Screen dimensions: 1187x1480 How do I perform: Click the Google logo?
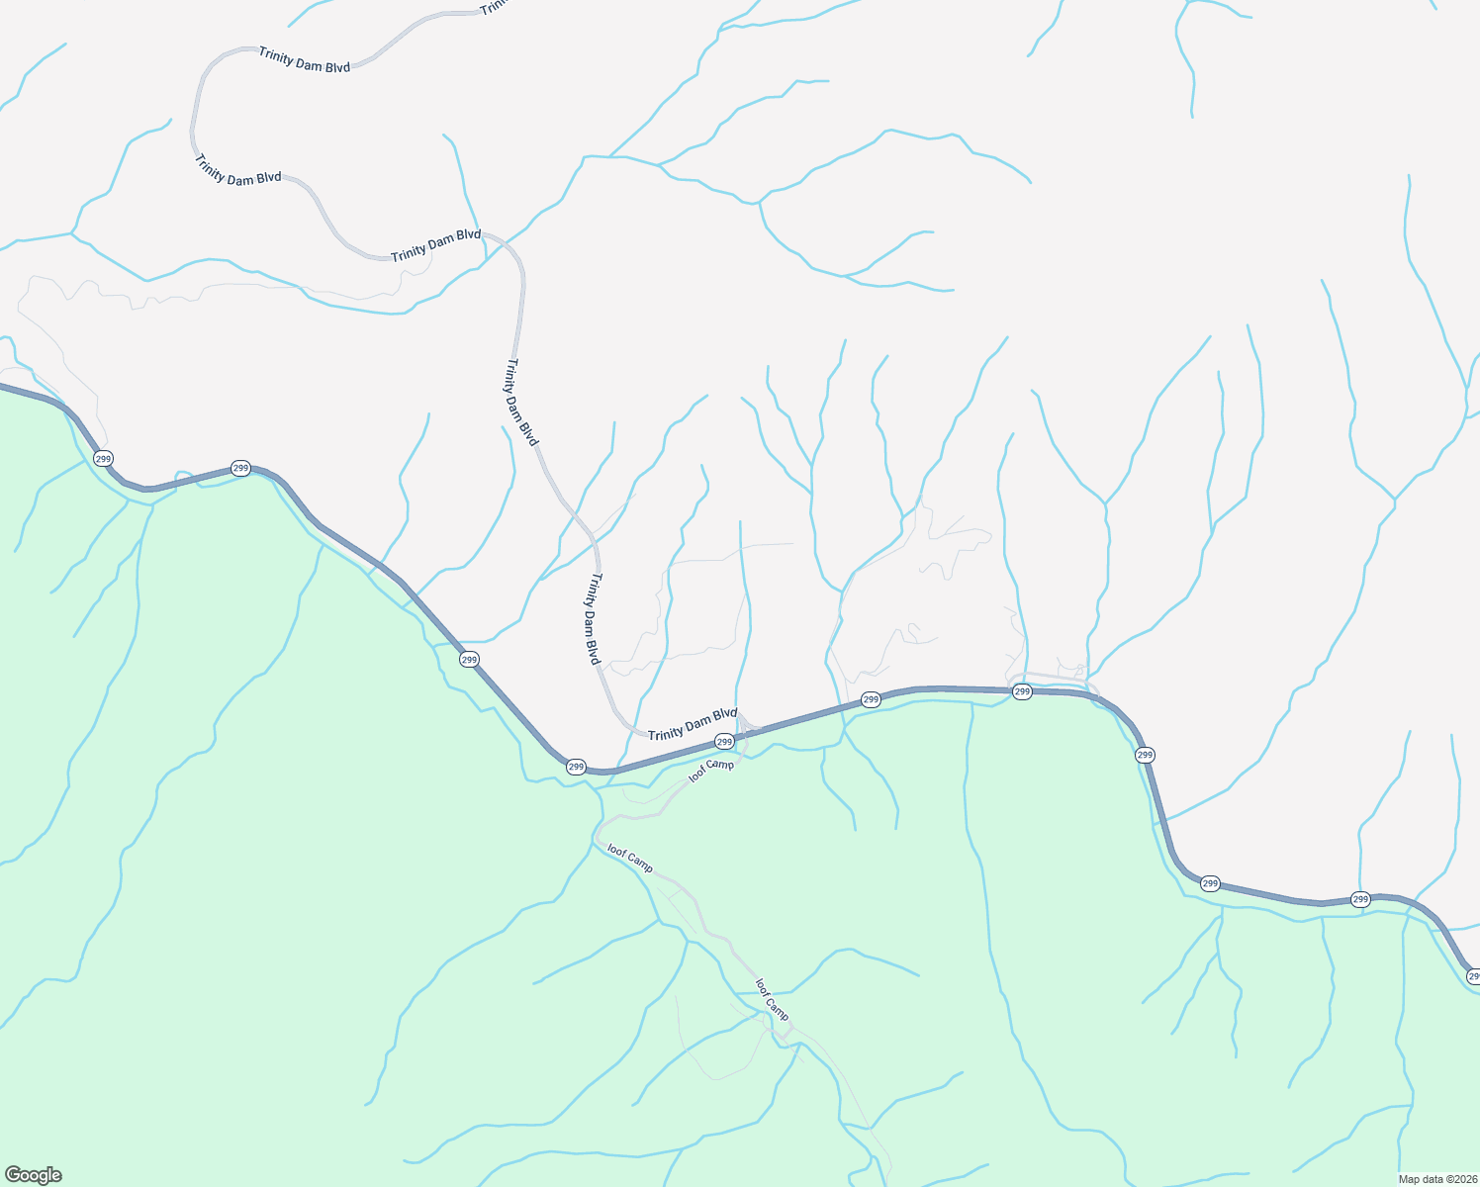tap(33, 1175)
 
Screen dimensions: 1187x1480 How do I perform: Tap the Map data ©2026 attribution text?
tap(1436, 1178)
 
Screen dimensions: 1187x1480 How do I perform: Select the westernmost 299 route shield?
tap(103, 459)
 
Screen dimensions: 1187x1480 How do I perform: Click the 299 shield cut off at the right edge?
tap(1473, 976)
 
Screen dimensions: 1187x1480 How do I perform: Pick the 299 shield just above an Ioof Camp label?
tap(724, 742)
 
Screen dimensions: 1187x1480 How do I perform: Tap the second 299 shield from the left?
tap(240, 468)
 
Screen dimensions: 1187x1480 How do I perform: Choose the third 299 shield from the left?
tap(469, 659)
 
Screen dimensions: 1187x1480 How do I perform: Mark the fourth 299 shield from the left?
tap(576, 767)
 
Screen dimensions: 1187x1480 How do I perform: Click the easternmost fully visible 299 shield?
tap(1360, 899)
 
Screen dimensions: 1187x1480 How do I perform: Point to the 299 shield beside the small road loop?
tap(1023, 691)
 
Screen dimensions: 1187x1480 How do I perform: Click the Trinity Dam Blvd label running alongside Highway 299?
tap(693, 723)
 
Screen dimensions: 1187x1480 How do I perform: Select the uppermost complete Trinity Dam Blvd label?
tap(305, 59)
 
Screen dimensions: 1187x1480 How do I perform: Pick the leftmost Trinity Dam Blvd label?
tap(237, 170)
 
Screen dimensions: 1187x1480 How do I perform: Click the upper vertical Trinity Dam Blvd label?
tap(522, 403)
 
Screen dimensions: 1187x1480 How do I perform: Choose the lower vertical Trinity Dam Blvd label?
tap(590, 618)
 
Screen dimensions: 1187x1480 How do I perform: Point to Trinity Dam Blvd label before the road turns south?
tap(435, 246)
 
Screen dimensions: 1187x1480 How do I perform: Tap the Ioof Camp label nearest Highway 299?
tap(711, 771)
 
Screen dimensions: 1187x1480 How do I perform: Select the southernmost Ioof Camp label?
tap(773, 1000)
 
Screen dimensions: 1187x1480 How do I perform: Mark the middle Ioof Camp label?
tap(630, 859)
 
